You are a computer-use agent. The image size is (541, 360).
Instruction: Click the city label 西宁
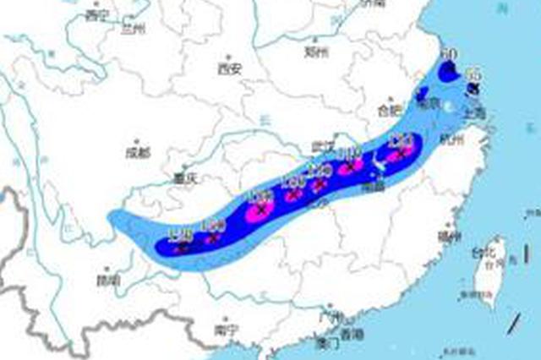coord(98,15)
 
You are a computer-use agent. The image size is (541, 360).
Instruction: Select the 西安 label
coord(229,68)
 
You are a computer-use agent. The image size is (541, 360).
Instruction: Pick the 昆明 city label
coord(108,279)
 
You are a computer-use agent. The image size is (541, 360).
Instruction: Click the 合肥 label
coord(390,110)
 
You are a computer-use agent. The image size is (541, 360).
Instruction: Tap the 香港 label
coord(349,333)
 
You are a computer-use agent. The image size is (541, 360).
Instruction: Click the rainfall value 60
coord(449,55)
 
